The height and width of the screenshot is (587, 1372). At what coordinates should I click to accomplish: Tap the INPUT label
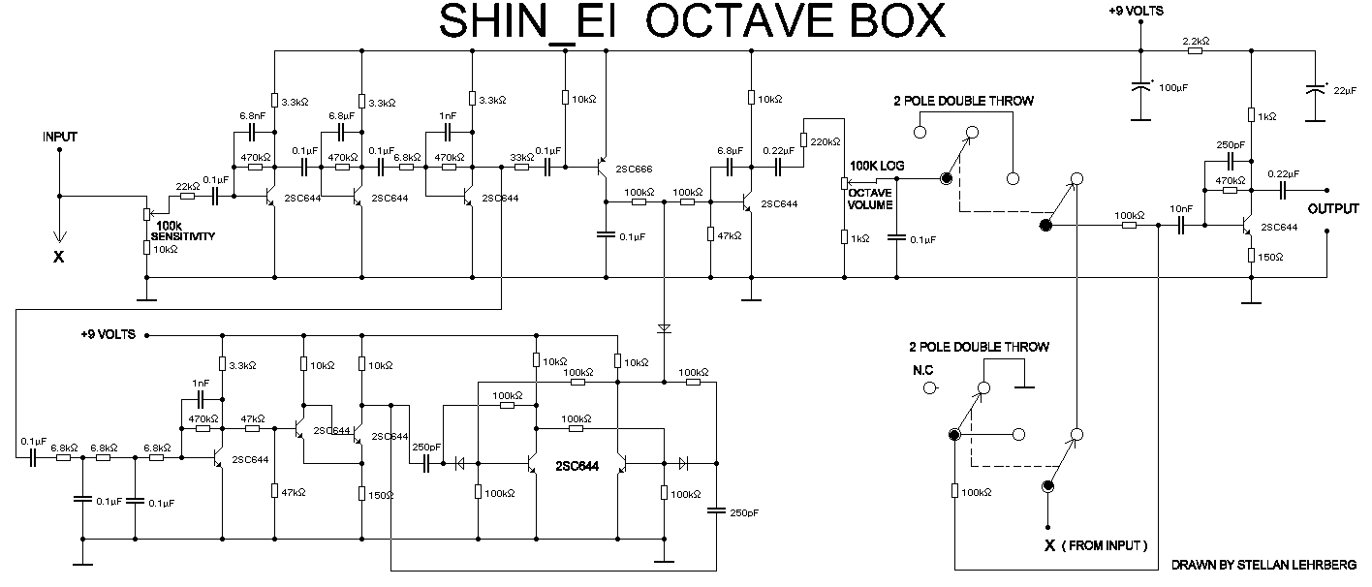(x=59, y=138)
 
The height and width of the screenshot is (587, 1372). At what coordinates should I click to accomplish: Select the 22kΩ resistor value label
(x=187, y=186)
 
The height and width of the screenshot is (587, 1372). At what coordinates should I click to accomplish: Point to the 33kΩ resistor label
(x=521, y=157)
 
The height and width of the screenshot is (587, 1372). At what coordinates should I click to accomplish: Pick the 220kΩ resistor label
(x=824, y=141)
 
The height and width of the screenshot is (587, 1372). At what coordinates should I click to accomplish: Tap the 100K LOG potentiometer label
(x=877, y=167)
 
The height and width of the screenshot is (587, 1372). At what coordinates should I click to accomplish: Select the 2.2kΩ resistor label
(x=1196, y=42)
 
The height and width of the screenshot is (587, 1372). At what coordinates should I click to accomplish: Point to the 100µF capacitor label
(x=1173, y=88)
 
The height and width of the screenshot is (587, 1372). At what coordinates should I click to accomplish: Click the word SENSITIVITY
(x=185, y=235)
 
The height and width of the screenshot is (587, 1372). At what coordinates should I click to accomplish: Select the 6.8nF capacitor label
(x=253, y=115)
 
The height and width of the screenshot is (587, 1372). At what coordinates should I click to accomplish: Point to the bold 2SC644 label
(x=577, y=467)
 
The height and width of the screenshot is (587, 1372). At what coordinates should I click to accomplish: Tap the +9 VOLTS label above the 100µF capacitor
(x=1137, y=12)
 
